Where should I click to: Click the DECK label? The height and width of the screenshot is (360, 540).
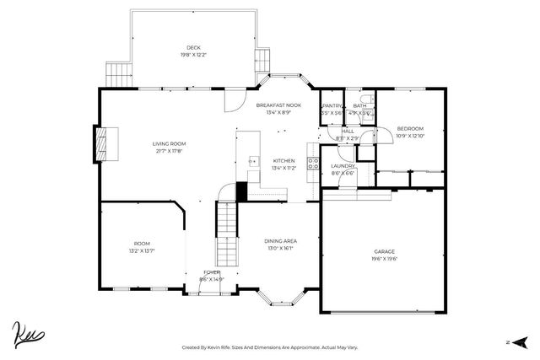[x=193, y=47]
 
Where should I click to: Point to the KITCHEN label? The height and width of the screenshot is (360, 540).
[x=283, y=160]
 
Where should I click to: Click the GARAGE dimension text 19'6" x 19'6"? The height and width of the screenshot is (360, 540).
[x=384, y=259]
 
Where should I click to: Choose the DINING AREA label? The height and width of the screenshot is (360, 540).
[x=281, y=241]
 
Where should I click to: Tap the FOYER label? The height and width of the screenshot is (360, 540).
[x=210, y=272]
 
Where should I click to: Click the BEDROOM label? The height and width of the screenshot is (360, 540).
[x=411, y=128]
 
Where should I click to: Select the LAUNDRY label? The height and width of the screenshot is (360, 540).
[x=342, y=166]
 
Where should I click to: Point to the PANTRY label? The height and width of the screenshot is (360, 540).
[x=332, y=105]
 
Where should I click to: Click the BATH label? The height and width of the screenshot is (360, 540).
[x=359, y=105]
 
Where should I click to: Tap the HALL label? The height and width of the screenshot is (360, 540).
[x=347, y=131]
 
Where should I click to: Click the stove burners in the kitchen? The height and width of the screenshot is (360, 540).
[x=312, y=162]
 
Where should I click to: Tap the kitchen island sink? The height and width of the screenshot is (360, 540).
[x=251, y=159]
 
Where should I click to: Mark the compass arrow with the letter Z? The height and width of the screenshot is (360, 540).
[x=520, y=341]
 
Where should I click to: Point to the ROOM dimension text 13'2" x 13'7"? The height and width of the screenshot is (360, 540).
[x=141, y=250]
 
